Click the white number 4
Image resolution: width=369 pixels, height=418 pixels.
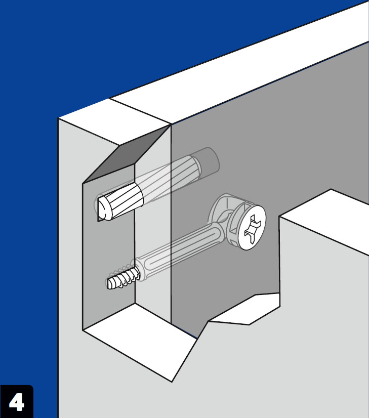click(x=17, y=402)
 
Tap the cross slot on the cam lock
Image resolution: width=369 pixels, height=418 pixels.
click(x=253, y=227)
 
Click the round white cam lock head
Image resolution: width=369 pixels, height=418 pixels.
click(x=252, y=227)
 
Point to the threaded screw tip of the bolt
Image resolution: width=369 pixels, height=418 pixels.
click(x=123, y=279)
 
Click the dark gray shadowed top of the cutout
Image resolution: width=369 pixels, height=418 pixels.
click(x=126, y=157)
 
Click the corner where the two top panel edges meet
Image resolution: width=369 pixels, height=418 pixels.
click(x=171, y=124)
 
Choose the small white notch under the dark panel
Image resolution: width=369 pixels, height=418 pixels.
click(x=245, y=309)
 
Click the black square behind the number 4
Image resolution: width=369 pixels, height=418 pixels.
click(x=17, y=401)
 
